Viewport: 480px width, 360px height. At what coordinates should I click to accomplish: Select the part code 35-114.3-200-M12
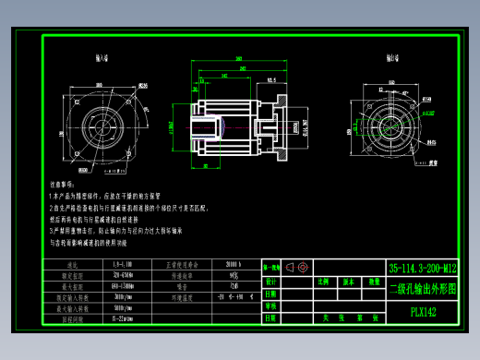point(421,268)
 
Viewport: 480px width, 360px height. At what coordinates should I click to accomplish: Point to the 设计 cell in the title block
point(270,281)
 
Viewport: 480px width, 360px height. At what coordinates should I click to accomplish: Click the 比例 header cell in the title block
point(323,281)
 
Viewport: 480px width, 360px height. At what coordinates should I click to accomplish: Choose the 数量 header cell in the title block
point(374,281)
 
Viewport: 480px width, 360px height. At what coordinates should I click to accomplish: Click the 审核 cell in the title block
point(270,306)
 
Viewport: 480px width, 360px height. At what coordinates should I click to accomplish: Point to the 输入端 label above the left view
point(101,57)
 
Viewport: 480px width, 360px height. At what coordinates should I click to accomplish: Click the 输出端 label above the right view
point(379,57)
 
